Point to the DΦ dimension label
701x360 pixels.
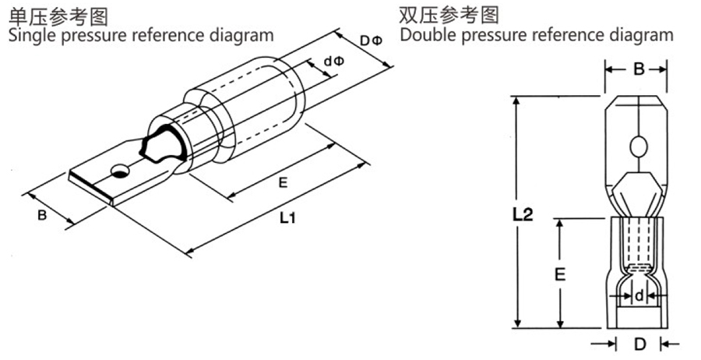coord(370,40)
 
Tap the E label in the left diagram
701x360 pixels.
coord(284,182)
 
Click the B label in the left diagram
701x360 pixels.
coord(43,214)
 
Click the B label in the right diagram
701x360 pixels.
coord(638,70)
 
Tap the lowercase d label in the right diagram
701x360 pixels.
coord(639,295)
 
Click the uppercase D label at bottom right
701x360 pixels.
coord(639,343)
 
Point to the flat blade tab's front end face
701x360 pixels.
coord(91,189)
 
